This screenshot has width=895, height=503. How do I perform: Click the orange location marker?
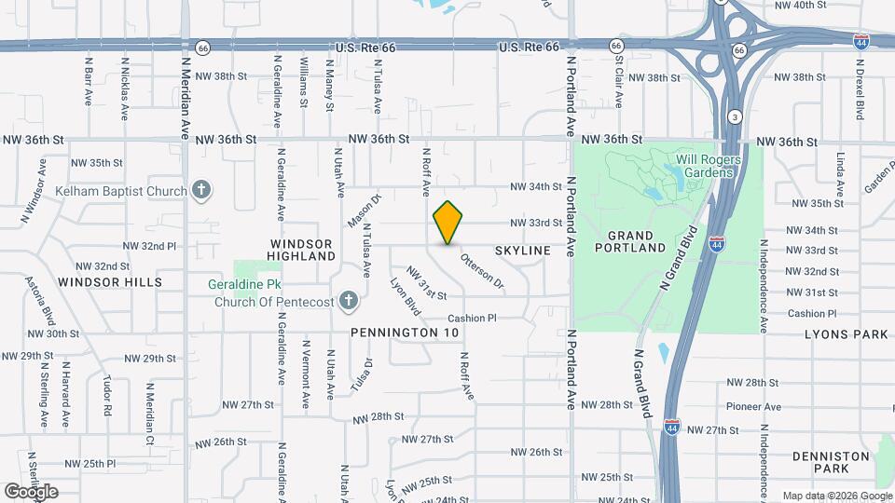448,223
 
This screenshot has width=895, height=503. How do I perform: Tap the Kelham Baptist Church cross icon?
200,191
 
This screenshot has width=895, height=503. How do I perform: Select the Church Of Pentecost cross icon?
348,300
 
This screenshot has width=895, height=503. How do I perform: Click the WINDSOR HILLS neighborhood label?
109,281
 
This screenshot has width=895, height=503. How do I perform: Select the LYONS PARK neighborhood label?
847,333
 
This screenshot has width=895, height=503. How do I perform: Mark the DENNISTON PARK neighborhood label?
831,463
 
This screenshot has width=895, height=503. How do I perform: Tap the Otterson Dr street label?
482,271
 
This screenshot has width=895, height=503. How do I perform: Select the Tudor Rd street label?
108,397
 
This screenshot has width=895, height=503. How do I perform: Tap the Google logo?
31,491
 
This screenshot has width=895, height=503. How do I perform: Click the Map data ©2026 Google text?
836,496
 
